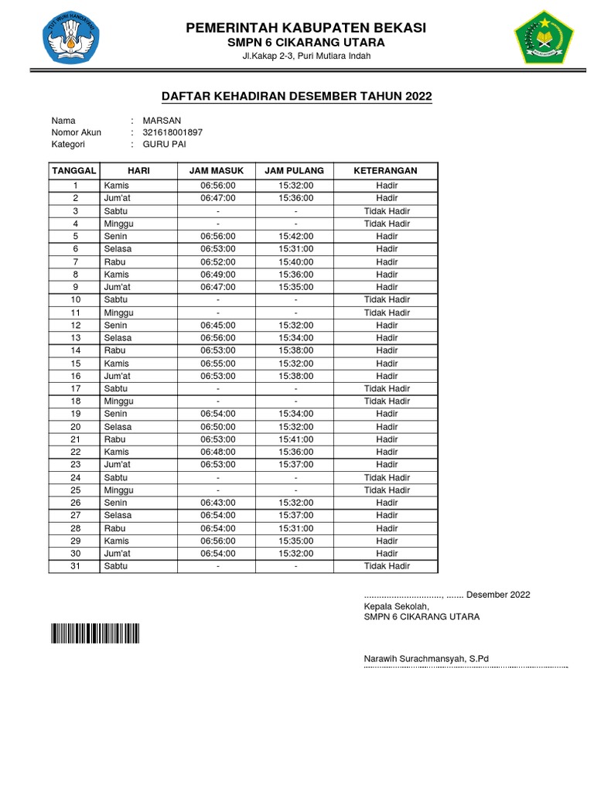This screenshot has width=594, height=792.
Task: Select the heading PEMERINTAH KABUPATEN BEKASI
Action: pyautogui.click(x=306, y=28)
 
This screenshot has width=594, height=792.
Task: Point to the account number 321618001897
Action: pyautogui.click(x=172, y=132)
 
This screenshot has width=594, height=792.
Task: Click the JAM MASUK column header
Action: pyautogui.click(x=217, y=170)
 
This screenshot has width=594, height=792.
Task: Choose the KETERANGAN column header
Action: pyautogui.click(x=386, y=170)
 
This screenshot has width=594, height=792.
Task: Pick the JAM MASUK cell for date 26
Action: pyautogui.click(x=217, y=503)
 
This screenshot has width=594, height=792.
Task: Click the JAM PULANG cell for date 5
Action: pyautogui.click(x=295, y=236)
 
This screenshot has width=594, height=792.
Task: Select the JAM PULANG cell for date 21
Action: pyautogui.click(x=295, y=439)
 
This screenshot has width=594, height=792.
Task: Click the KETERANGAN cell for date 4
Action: pyautogui.click(x=387, y=224)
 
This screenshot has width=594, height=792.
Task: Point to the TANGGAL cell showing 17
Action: pyautogui.click(x=76, y=388)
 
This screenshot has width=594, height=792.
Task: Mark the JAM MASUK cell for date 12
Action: pyautogui.click(x=217, y=325)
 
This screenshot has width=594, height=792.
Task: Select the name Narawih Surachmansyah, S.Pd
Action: pyautogui.click(x=426, y=658)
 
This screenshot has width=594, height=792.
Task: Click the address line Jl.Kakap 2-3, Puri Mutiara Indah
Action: pyautogui.click(x=306, y=56)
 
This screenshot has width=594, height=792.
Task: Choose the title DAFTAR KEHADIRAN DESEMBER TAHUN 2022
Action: pyautogui.click(x=296, y=96)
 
